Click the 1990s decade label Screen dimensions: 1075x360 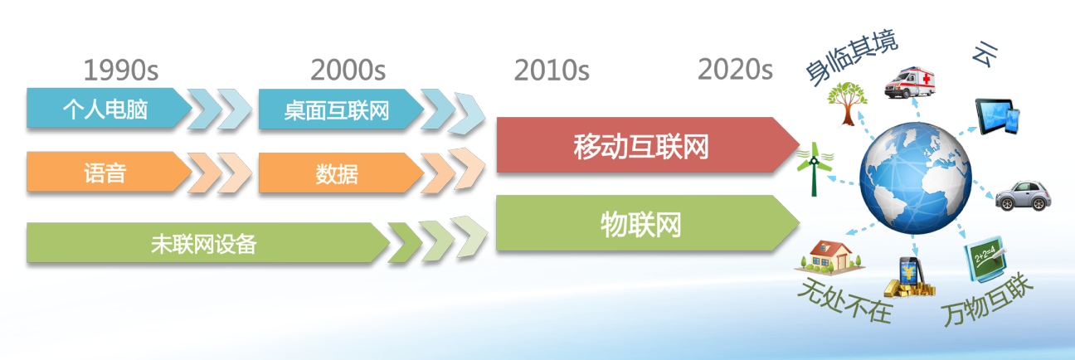[121, 70]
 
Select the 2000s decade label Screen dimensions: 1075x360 [348, 70]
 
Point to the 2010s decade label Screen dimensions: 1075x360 [552, 70]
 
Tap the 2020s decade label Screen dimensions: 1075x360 [735, 69]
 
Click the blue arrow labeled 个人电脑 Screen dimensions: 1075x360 [109, 108]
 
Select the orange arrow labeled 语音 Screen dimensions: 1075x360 [109, 172]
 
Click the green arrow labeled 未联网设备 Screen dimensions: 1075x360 [207, 242]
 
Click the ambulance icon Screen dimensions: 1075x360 [909, 83]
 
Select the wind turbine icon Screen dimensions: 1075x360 [815, 169]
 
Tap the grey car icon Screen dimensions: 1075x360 [1023, 196]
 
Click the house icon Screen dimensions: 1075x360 [829, 257]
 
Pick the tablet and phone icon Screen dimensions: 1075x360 [997, 117]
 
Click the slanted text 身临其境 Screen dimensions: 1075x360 [851, 57]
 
